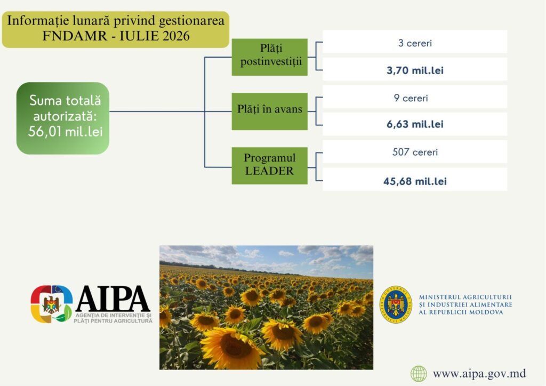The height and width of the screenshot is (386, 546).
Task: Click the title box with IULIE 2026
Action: point(116,29)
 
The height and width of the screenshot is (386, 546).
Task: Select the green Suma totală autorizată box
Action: point(63,118)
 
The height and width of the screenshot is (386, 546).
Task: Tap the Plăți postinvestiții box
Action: point(269,57)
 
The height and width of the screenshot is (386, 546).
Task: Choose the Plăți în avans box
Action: point(269,111)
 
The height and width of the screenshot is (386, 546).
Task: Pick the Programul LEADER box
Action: point(269,166)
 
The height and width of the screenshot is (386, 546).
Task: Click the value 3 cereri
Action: point(415,43)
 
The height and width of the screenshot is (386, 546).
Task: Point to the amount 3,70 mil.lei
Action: point(415,70)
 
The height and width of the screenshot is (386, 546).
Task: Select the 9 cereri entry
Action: point(411,98)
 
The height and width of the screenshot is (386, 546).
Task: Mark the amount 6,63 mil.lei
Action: point(415,124)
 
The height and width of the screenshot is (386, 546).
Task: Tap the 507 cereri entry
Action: point(415,152)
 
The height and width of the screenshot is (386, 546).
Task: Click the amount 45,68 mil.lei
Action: point(415,181)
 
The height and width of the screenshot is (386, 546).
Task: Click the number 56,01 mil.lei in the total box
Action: point(66,132)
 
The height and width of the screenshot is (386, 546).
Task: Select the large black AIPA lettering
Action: point(113,299)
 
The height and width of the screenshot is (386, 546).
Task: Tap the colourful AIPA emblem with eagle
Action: point(52,304)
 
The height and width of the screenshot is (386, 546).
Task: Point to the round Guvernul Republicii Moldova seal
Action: point(396,304)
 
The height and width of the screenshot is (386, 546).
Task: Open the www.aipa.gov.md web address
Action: point(479,374)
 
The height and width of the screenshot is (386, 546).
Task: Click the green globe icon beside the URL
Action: point(419,374)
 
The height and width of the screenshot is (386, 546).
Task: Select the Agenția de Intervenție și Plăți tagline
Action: point(113,318)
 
